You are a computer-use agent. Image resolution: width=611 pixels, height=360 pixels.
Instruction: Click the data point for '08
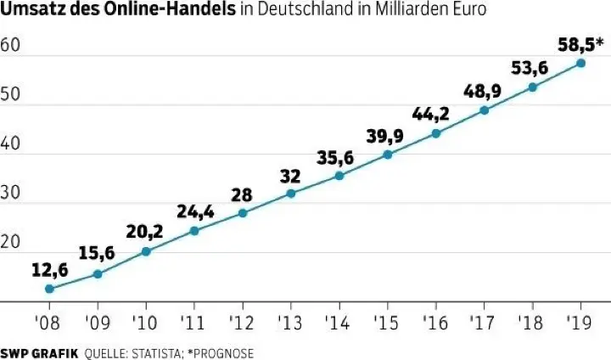(49, 289)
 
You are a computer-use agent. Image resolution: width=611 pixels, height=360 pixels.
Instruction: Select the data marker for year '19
(580, 63)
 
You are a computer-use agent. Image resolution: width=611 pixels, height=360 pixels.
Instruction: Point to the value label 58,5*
(580, 42)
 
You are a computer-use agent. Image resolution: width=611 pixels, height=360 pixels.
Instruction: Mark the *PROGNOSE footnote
(224, 352)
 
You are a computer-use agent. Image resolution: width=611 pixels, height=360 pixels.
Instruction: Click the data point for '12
(243, 212)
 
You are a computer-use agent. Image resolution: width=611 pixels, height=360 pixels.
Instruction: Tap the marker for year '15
(387, 155)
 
